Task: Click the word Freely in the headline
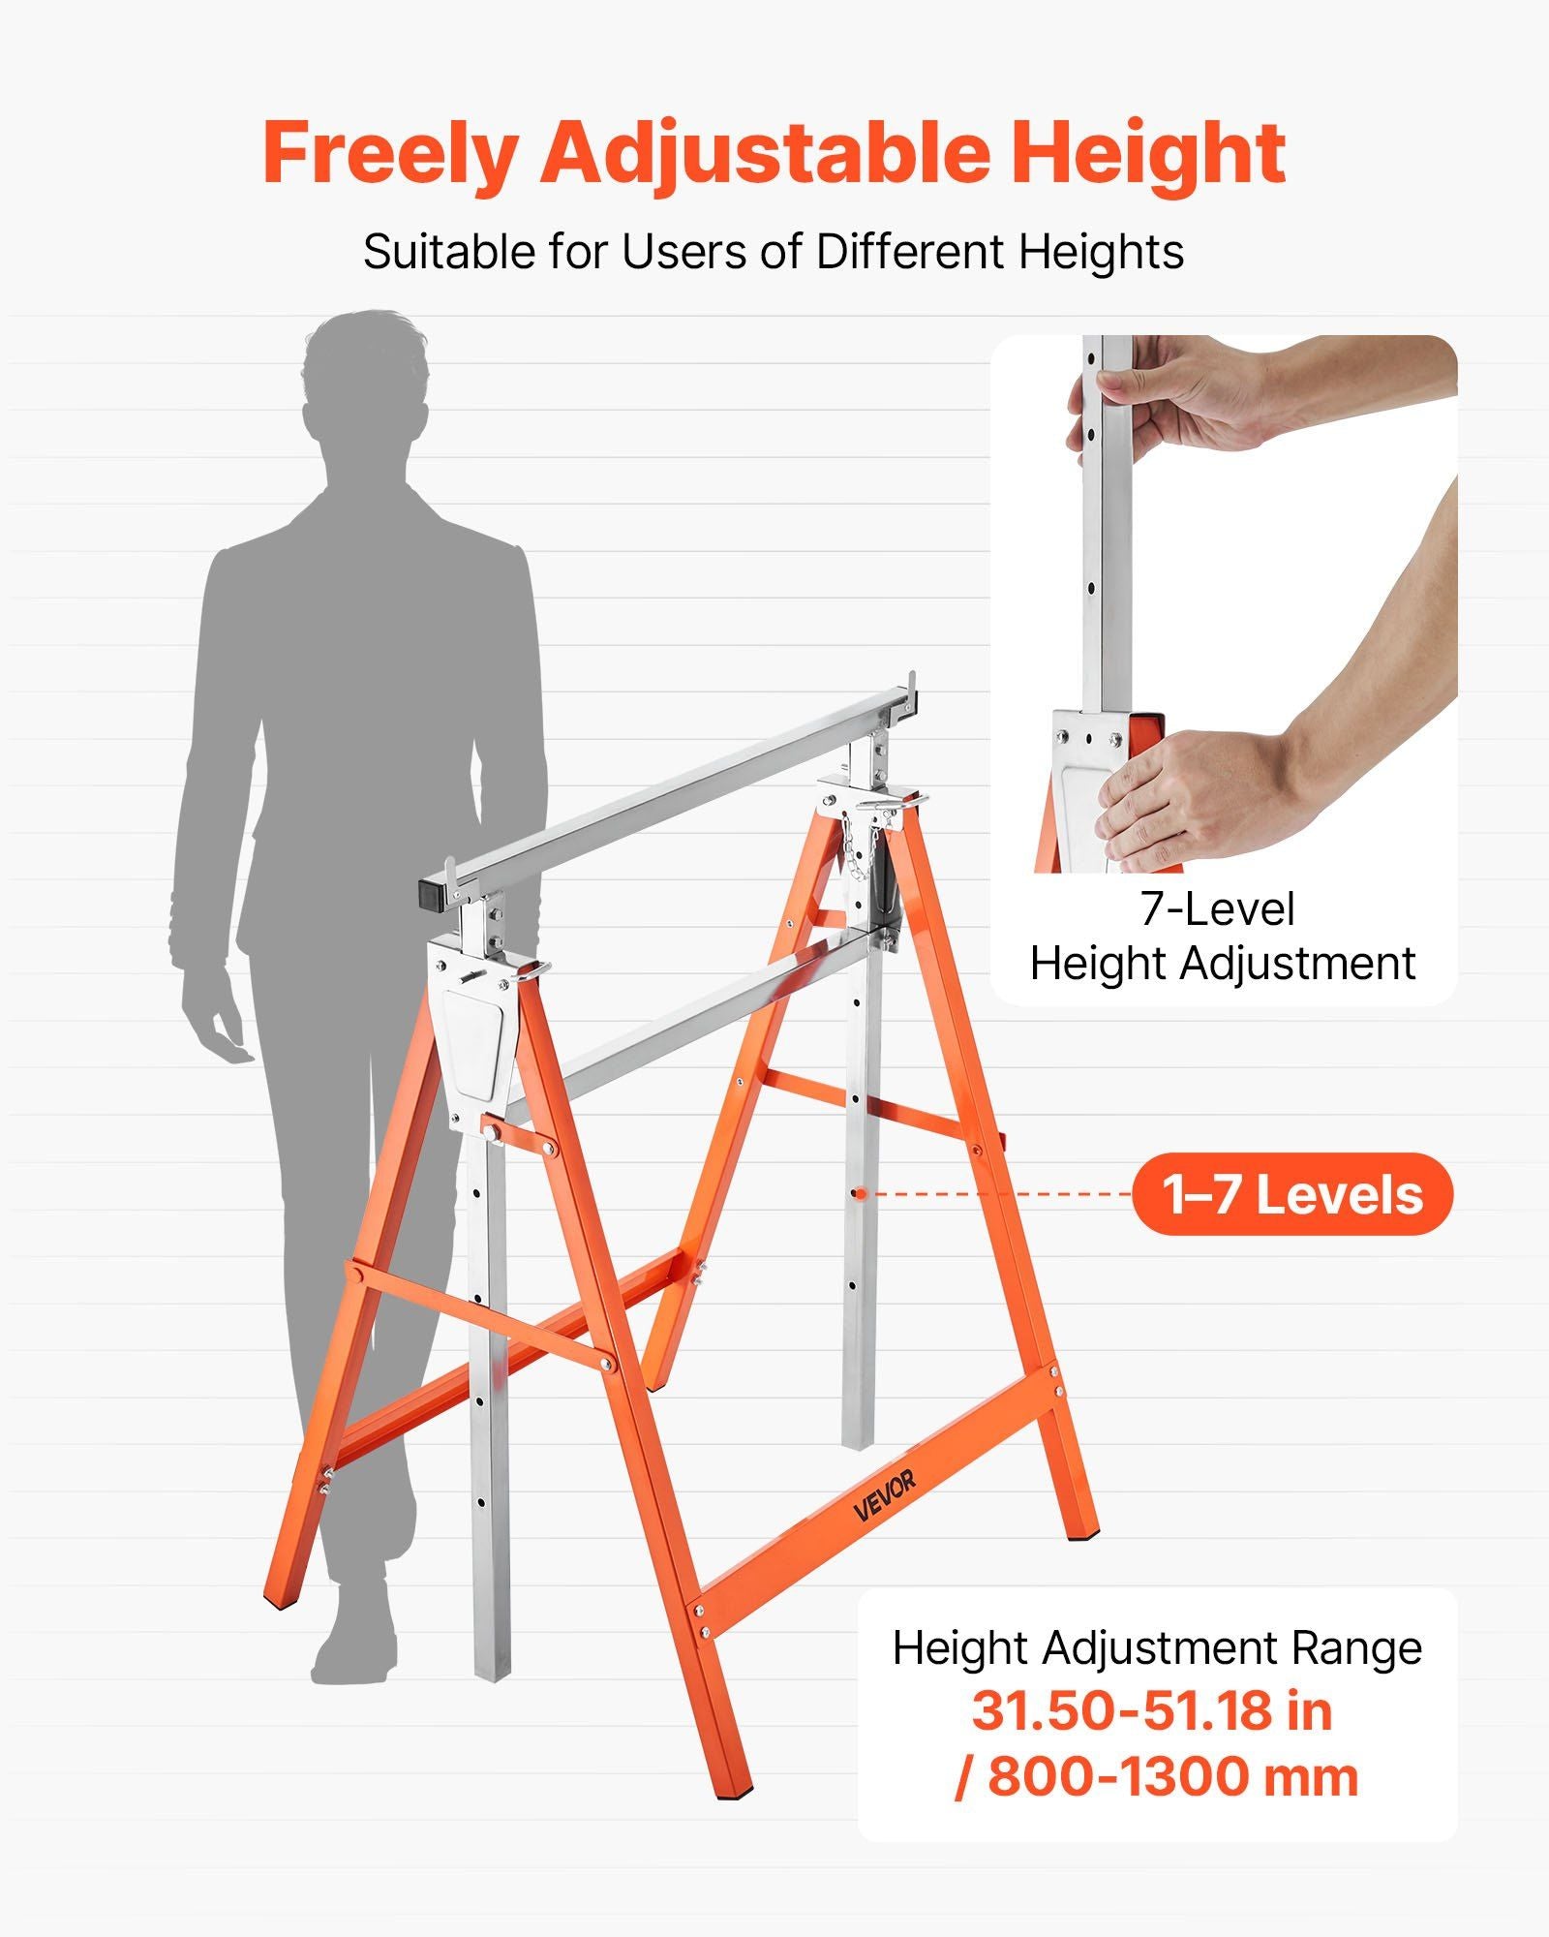coord(389,156)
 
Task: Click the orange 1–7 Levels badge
coord(1292,1194)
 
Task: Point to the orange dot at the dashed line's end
coord(856,1193)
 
